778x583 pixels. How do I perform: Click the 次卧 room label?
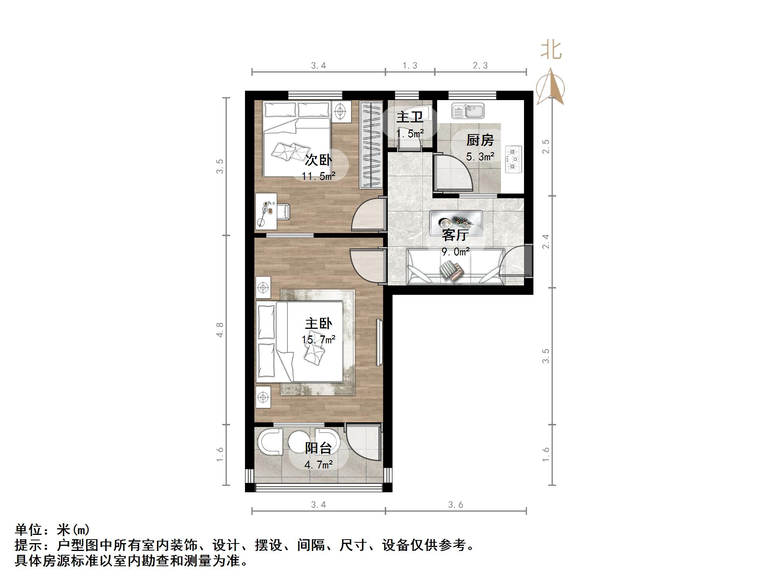[x=319, y=160]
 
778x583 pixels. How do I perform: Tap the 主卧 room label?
[x=319, y=323]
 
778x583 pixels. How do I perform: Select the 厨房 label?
[x=480, y=140]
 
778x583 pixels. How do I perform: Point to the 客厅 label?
[x=456, y=235]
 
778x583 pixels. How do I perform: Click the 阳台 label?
[x=319, y=448]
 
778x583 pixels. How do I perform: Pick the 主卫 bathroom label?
[x=410, y=117]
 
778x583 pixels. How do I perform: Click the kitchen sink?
[x=468, y=110]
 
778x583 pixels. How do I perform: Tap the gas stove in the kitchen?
[x=514, y=159]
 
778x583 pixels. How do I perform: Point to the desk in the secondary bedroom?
[x=266, y=211]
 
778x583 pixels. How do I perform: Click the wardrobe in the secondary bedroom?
[x=371, y=145]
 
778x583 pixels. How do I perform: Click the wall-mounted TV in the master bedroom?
[x=379, y=343]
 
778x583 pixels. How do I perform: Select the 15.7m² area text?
[x=319, y=339]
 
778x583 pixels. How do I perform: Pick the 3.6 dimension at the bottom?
[x=456, y=505]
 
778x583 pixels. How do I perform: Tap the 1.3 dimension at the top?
[x=410, y=65]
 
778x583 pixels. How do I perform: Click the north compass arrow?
[x=550, y=86]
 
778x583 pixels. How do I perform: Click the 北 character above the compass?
[x=551, y=50]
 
